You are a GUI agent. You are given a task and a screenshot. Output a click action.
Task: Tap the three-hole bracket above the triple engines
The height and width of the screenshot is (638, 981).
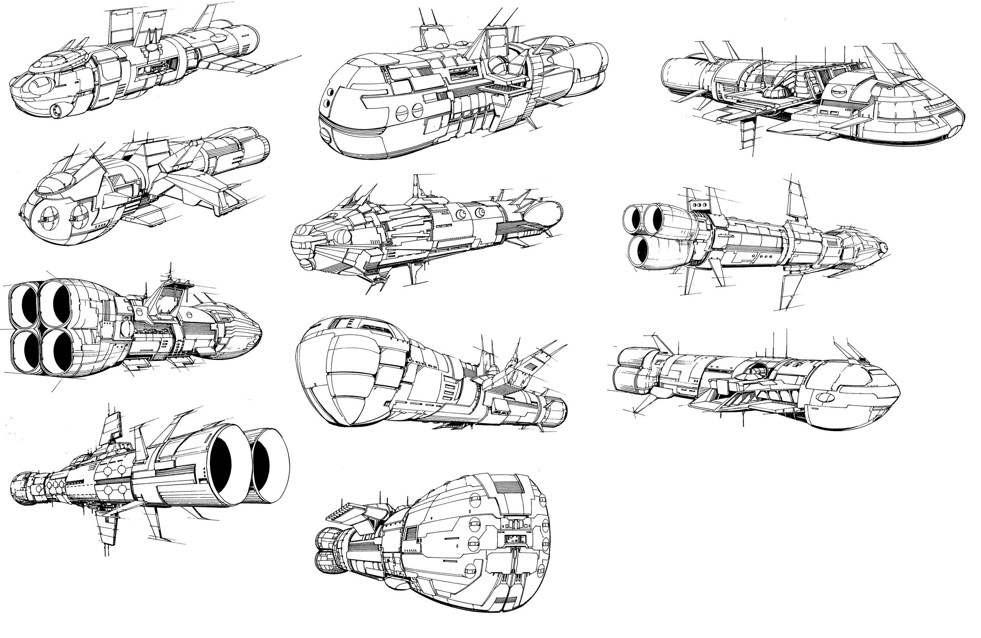(x=700, y=205)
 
